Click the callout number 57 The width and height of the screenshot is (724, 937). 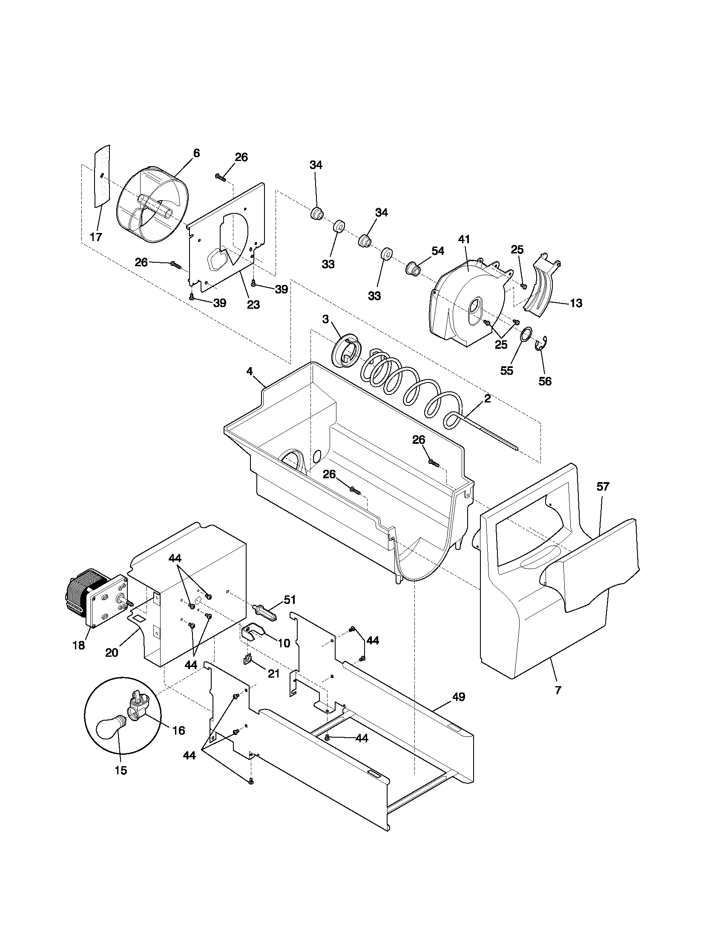pos(603,486)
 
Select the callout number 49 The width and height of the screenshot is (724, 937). pos(459,697)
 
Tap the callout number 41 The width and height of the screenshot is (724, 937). pos(464,239)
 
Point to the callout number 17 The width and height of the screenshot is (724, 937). pos(96,237)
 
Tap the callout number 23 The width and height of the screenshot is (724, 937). pos(253,305)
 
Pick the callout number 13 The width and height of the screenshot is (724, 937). pos(576,303)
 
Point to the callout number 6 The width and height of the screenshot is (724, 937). pos(196,153)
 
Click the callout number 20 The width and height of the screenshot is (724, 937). pos(112,652)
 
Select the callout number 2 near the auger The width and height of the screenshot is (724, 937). pos(487,399)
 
